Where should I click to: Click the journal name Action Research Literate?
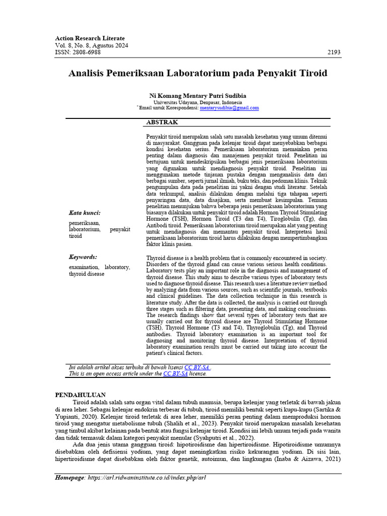[x=89, y=38]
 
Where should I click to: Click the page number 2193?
[x=334, y=52]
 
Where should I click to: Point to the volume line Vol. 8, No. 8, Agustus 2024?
[x=91, y=45]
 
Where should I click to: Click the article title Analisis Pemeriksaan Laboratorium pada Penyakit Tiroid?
[x=198, y=74]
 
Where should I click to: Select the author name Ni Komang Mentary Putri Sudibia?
[x=198, y=95]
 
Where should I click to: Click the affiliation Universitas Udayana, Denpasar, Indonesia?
[x=198, y=102]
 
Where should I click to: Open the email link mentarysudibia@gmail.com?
[x=229, y=108]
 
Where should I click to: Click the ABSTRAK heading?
[x=161, y=122]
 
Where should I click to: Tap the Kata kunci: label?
[x=85, y=213]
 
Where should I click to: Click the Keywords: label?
[x=83, y=256]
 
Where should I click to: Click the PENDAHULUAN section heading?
[x=80, y=395]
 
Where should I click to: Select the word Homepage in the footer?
[x=70, y=477]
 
